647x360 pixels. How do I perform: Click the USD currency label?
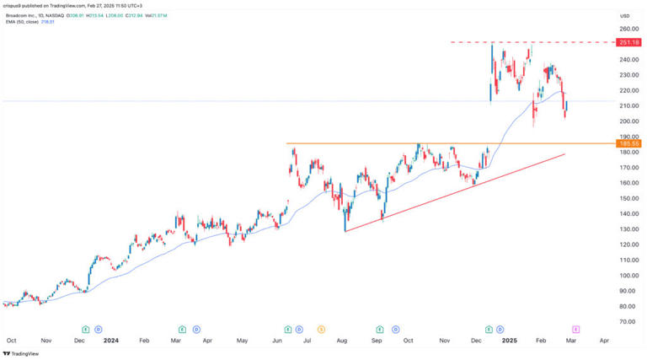click(624, 16)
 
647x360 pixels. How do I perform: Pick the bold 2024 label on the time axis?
click(110, 341)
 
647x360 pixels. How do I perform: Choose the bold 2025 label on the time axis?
click(509, 341)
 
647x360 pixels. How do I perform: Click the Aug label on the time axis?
click(342, 341)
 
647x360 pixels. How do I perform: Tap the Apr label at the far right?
click(605, 341)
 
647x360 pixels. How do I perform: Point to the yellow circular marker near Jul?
click(321, 329)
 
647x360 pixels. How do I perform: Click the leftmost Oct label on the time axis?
click(11, 341)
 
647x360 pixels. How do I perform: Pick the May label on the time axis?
click(243, 341)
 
